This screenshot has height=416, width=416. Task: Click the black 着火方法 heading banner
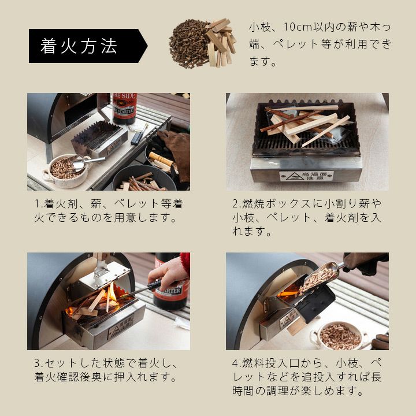(x=88, y=46)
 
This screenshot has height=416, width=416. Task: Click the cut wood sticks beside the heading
(x=220, y=42)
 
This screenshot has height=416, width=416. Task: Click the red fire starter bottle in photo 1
(x=125, y=108)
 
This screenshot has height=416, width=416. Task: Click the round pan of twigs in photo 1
(x=144, y=178)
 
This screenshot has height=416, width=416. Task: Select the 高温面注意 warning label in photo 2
(x=306, y=176)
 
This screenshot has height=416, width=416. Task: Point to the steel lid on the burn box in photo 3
(x=105, y=275)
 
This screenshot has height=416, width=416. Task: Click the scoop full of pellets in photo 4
(x=320, y=278)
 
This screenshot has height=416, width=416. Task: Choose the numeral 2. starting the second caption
(x=237, y=204)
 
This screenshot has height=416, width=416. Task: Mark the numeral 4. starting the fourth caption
(x=237, y=363)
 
